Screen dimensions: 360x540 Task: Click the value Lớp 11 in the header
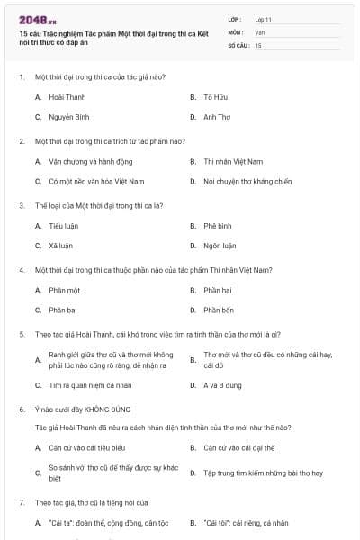pyautogui.click(x=264, y=18)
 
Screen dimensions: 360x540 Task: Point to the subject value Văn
pyautogui.click(x=260, y=31)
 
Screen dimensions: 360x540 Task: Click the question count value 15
pyautogui.click(x=258, y=44)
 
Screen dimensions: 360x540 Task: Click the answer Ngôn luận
pyautogui.click(x=220, y=245)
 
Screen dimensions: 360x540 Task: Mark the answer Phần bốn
pyautogui.click(x=219, y=310)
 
